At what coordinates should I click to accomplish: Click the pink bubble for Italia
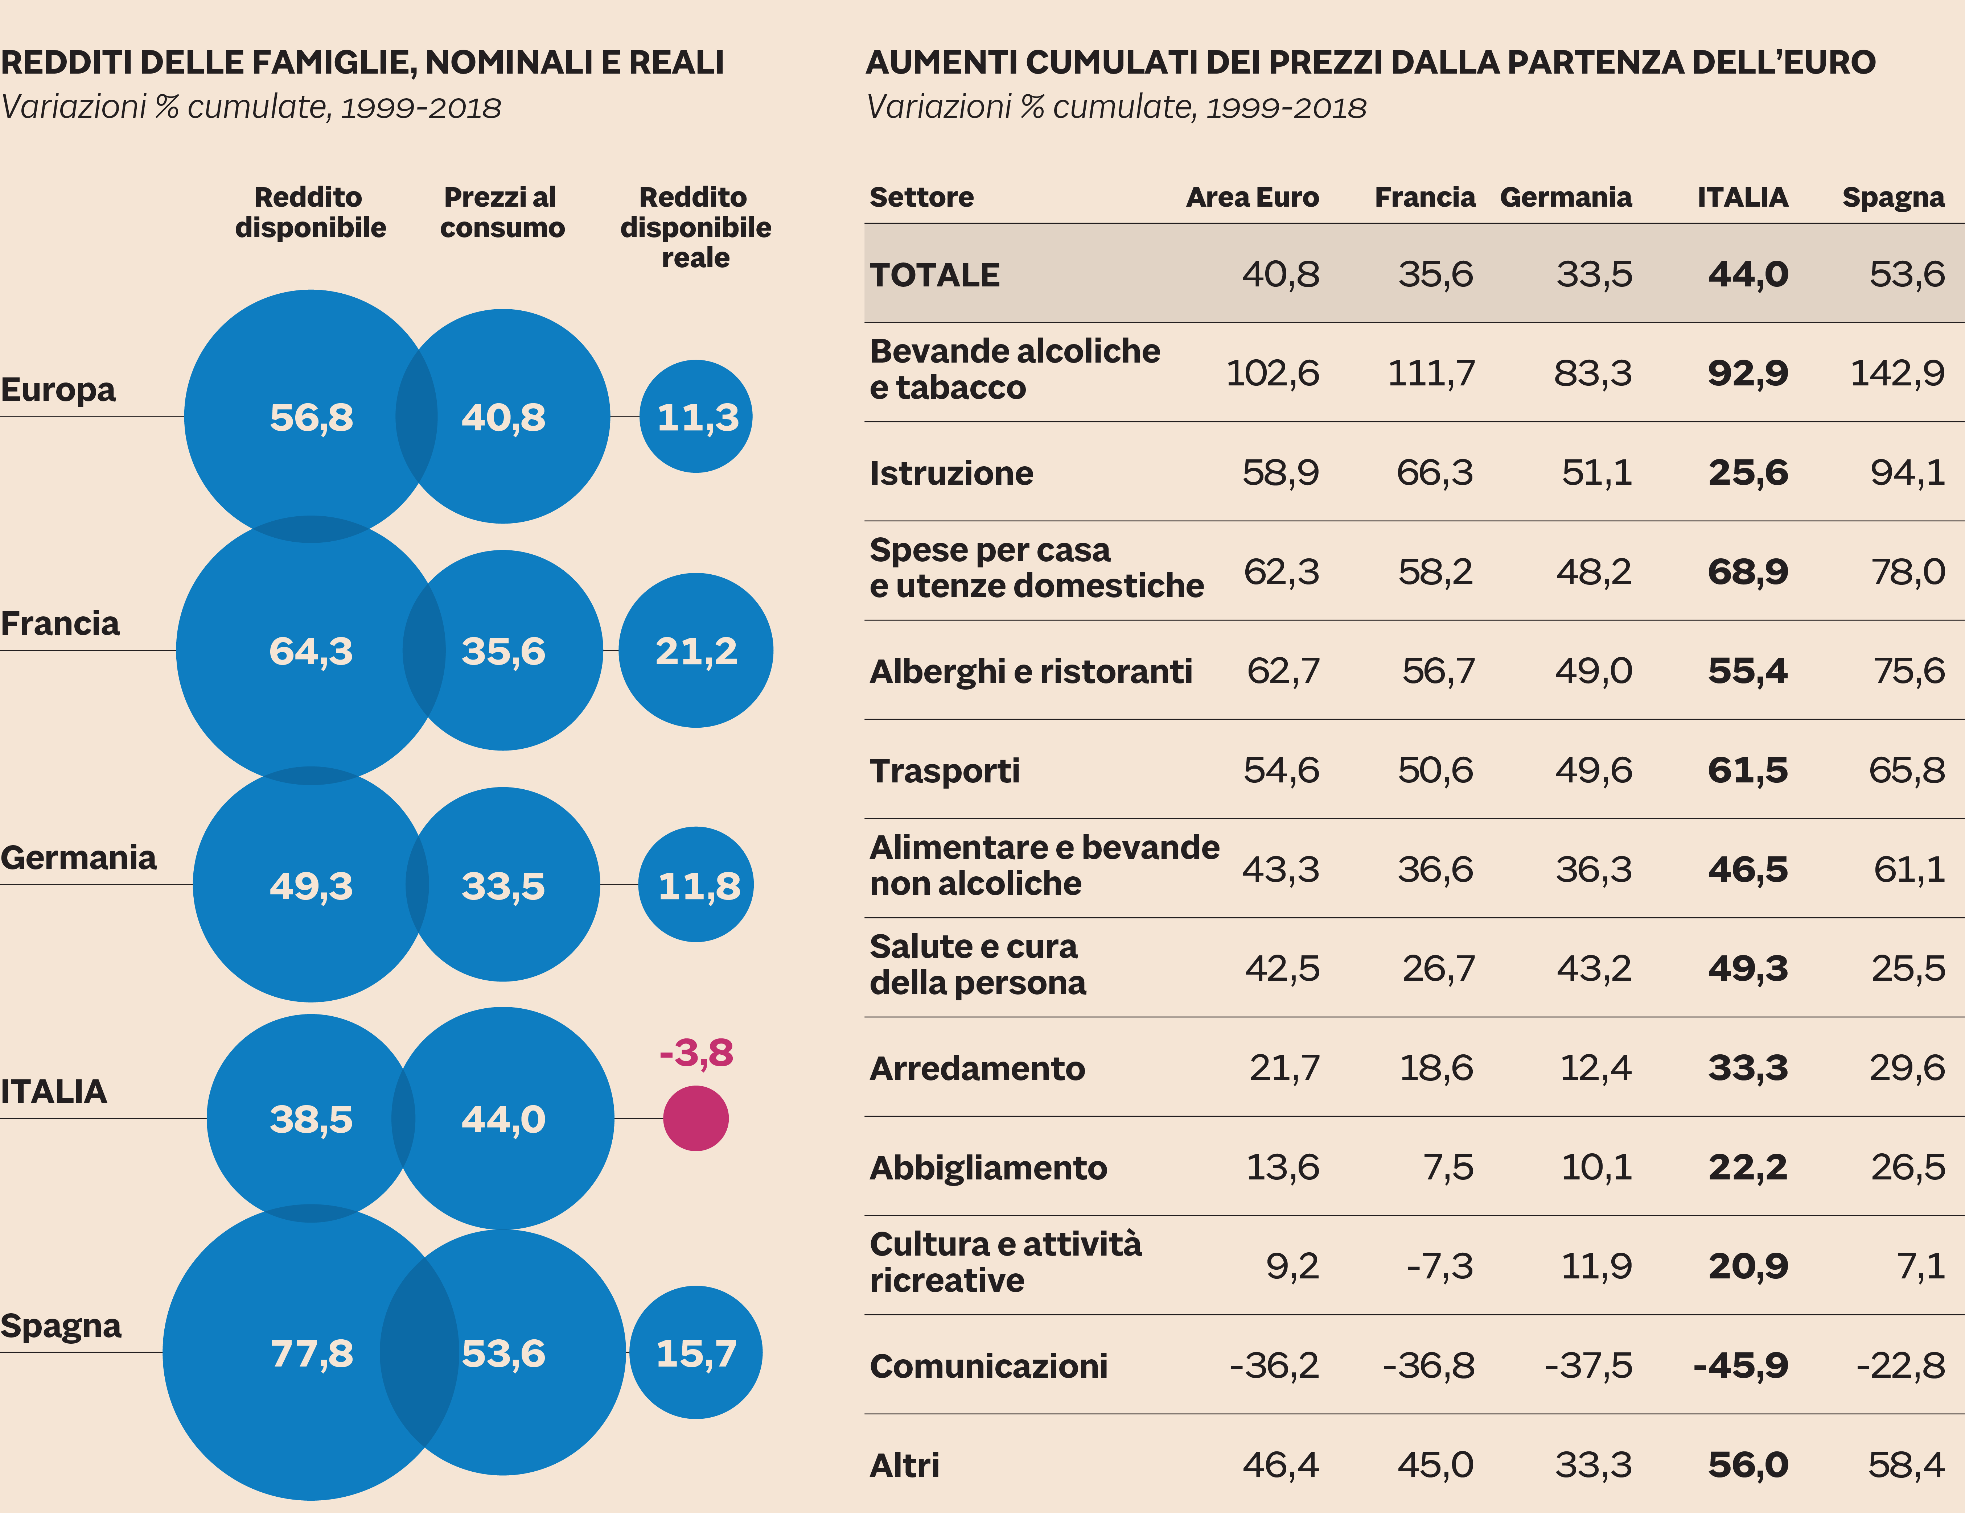695,1118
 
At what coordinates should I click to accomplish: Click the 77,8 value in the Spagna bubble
311,1353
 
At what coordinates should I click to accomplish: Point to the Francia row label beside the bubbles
60,623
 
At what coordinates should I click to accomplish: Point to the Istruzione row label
951,473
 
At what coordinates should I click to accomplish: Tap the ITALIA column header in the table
1742,197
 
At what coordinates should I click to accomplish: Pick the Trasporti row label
945,771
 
